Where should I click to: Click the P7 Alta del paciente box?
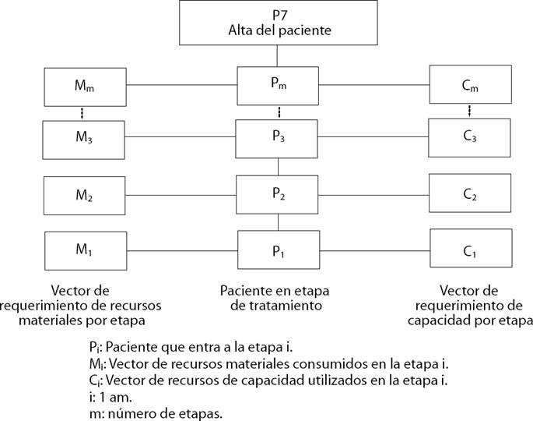(x=279, y=23)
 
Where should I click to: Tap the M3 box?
(x=85, y=138)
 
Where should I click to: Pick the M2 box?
(x=85, y=195)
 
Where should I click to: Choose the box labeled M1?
(x=85, y=250)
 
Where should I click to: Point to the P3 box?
(x=278, y=138)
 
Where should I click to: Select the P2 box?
(x=278, y=195)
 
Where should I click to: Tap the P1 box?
(x=278, y=250)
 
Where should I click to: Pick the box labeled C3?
(x=470, y=138)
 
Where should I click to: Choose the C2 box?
(x=470, y=195)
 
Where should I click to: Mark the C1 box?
(x=470, y=250)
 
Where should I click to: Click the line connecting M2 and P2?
(x=181, y=195)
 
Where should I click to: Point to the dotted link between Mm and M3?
(x=84, y=111)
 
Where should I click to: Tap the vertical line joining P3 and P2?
(x=278, y=166)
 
